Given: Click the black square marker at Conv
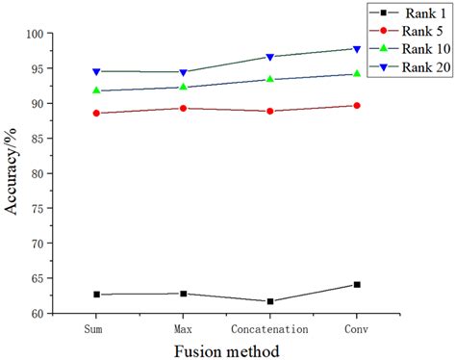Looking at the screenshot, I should [357, 284].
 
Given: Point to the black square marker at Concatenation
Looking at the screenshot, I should [270, 301].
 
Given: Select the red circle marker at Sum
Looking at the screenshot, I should [96, 113].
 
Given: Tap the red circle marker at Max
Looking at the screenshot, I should [183, 108].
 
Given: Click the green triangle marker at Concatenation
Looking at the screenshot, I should [270, 79].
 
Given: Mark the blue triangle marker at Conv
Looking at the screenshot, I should [357, 48].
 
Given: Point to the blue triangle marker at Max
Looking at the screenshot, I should [183, 72].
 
